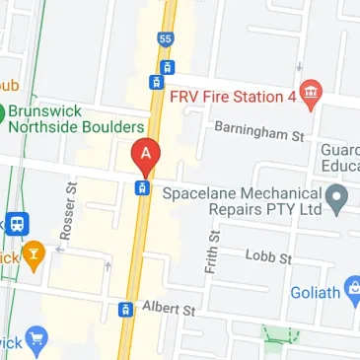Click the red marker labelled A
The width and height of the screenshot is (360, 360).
146,154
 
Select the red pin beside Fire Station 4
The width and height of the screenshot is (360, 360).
311,94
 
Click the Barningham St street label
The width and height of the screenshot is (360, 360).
258,132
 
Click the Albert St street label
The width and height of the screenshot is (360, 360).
170,309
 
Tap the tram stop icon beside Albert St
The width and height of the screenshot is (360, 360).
126,310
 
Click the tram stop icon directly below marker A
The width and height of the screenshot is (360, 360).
143,187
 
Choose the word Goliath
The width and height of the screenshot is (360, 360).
316,293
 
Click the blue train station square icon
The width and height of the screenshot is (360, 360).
17,223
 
